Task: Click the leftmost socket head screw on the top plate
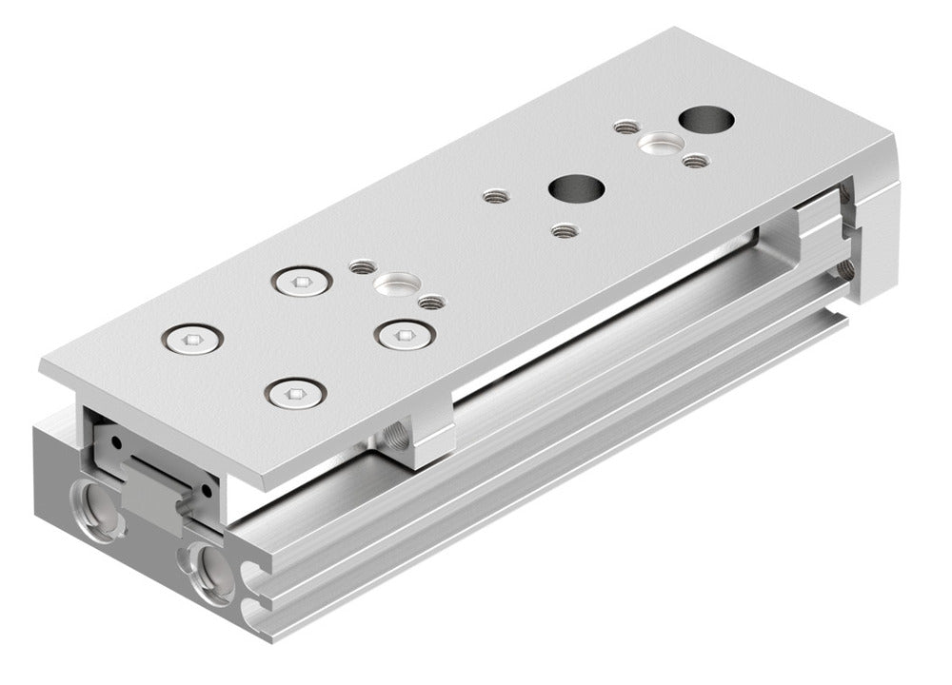click(x=192, y=338)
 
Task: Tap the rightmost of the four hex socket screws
click(x=406, y=334)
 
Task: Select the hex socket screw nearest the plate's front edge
click(x=296, y=393)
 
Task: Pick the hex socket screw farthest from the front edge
click(x=302, y=281)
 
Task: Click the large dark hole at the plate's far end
click(x=706, y=122)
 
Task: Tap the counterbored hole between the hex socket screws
click(x=396, y=284)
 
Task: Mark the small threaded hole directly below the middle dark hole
click(x=565, y=230)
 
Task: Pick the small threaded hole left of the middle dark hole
click(x=494, y=197)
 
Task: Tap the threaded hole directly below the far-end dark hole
click(x=696, y=161)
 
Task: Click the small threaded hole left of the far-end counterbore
click(x=625, y=127)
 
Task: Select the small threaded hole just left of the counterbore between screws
click(x=361, y=267)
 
